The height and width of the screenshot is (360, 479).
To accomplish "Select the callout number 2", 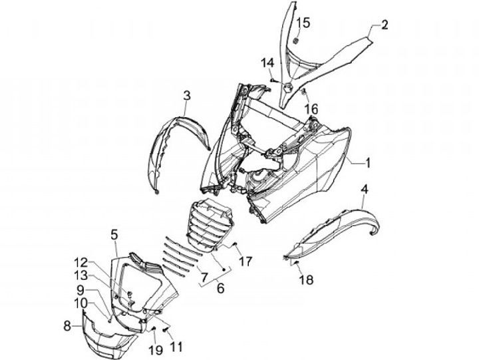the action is point(385,25).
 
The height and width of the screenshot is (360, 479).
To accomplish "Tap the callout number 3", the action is point(187,96).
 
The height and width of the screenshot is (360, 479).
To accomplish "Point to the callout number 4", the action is point(364,190).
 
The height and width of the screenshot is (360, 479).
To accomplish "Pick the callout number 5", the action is point(114,234).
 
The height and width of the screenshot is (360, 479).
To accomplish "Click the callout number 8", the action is point(67,325).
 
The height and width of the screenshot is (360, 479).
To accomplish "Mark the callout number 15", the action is point(303,23).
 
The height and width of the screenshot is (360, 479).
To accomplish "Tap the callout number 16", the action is point(311,108).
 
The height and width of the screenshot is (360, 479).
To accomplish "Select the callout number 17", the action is point(246,262).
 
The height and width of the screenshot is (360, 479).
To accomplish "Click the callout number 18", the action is point(305,280).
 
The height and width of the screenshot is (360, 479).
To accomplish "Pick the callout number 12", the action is point(80,262).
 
